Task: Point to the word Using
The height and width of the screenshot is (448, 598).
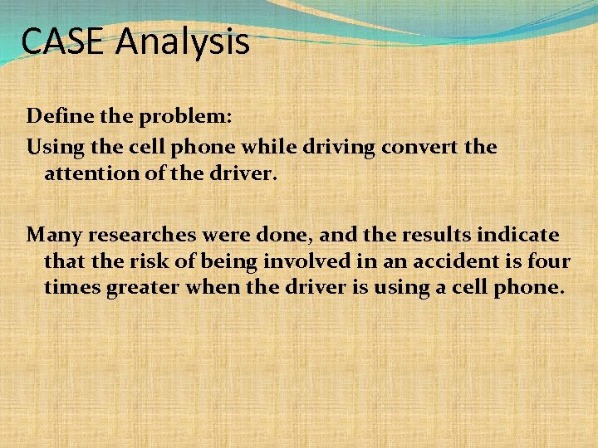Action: point(54,148)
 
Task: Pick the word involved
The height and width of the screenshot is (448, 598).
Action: point(306,262)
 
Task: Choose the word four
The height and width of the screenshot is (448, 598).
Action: point(549,262)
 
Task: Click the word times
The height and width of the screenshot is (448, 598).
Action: point(71,288)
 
